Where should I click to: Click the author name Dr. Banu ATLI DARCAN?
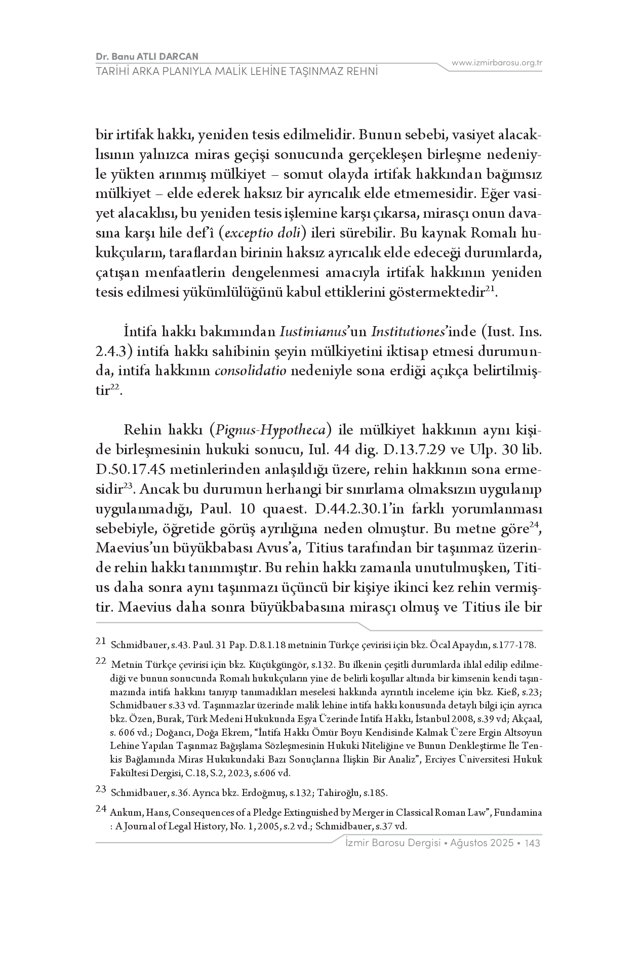(146, 56)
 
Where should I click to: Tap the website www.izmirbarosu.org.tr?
(497, 63)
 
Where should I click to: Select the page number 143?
(533, 843)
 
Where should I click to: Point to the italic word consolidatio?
(251, 371)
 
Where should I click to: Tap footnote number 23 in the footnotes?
(100, 789)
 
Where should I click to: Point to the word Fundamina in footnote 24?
(518, 813)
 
